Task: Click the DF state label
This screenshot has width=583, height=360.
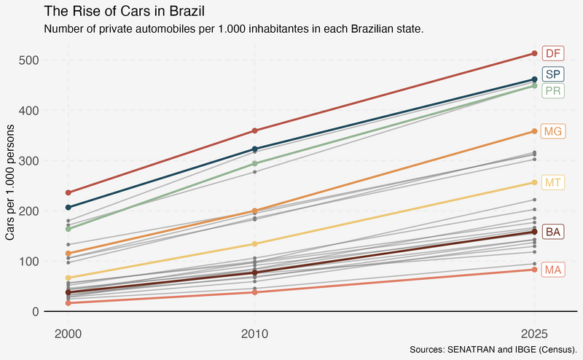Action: pyautogui.click(x=553, y=53)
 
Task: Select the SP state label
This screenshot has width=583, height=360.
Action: pyautogui.click(x=553, y=74)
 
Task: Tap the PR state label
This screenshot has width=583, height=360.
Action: pyautogui.click(x=553, y=91)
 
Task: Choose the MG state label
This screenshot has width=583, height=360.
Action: pyautogui.click(x=553, y=131)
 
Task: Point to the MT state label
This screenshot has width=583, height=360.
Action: pyautogui.click(x=553, y=183)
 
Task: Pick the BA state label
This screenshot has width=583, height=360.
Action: pyautogui.click(x=553, y=232)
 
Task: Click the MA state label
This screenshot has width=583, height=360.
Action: pyautogui.click(x=553, y=270)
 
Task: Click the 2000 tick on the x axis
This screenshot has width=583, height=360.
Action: pyautogui.click(x=68, y=334)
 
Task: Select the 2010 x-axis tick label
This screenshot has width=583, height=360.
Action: pyautogui.click(x=254, y=334)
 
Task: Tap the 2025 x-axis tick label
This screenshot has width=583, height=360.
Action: pyautogui.click(x=534, y=334)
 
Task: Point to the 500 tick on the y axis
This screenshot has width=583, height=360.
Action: pyautogui.click(x=28, y=60)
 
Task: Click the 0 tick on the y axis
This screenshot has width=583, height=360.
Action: pyautogui.click(x=36, y=311)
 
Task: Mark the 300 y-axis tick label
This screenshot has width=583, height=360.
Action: pyautogui.click(x=28, y=160)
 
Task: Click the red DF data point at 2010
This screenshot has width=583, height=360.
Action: pyautogui.click(x=254, y=130)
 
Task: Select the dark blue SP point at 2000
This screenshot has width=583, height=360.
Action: pyautogui.click(x=68, y=207)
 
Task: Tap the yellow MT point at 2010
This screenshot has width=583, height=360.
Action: pyautogui.click(x=254, y=244)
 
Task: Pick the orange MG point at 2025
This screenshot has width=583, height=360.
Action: pyautogui.click(x=534, y=131)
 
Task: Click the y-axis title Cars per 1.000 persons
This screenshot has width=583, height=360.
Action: pyautogui.click(x=10, y=182)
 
